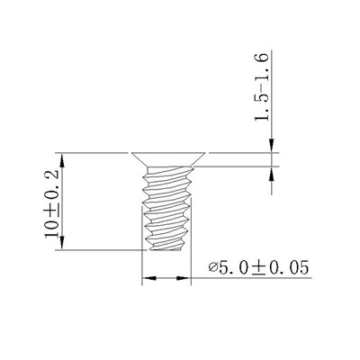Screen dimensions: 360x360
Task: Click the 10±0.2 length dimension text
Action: (x=51, y=204)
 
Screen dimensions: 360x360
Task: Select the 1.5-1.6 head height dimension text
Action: (x=261, y=87)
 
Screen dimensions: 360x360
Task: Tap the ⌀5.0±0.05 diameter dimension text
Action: (x=258, y=268)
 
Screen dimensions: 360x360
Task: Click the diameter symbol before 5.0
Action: (x=213, y=266)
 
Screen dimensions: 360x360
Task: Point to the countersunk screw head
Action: (x=168, y=159)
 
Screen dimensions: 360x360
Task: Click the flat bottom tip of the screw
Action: (x=165, y=249)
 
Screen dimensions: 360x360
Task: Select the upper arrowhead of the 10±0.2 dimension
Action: (x=62, y=160)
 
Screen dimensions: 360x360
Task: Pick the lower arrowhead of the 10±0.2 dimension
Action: (x=62, y=242)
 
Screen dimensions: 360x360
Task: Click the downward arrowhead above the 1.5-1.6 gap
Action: (x=272, y=146)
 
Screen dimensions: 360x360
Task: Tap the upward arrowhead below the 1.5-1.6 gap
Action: (x=272, y=174)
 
